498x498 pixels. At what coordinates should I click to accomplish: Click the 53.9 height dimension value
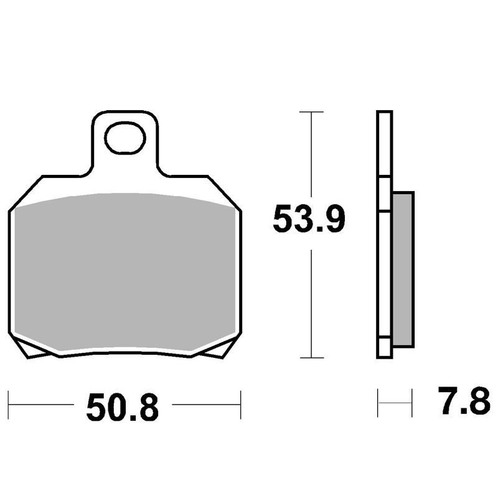(x=309, y=219)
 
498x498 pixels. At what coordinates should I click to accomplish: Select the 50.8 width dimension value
(x=123, y=407)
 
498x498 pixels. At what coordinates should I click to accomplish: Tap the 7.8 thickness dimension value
(x=464, y=401)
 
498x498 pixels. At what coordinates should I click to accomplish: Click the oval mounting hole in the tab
(x=125, y=138)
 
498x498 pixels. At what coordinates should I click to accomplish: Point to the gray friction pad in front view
(x=125, y=273)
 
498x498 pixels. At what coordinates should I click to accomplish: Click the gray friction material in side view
(x=403, y=270)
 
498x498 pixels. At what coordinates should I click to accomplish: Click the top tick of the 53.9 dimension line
(x=311, y=112)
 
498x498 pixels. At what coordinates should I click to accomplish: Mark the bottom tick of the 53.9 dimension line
(x=312, y=357)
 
